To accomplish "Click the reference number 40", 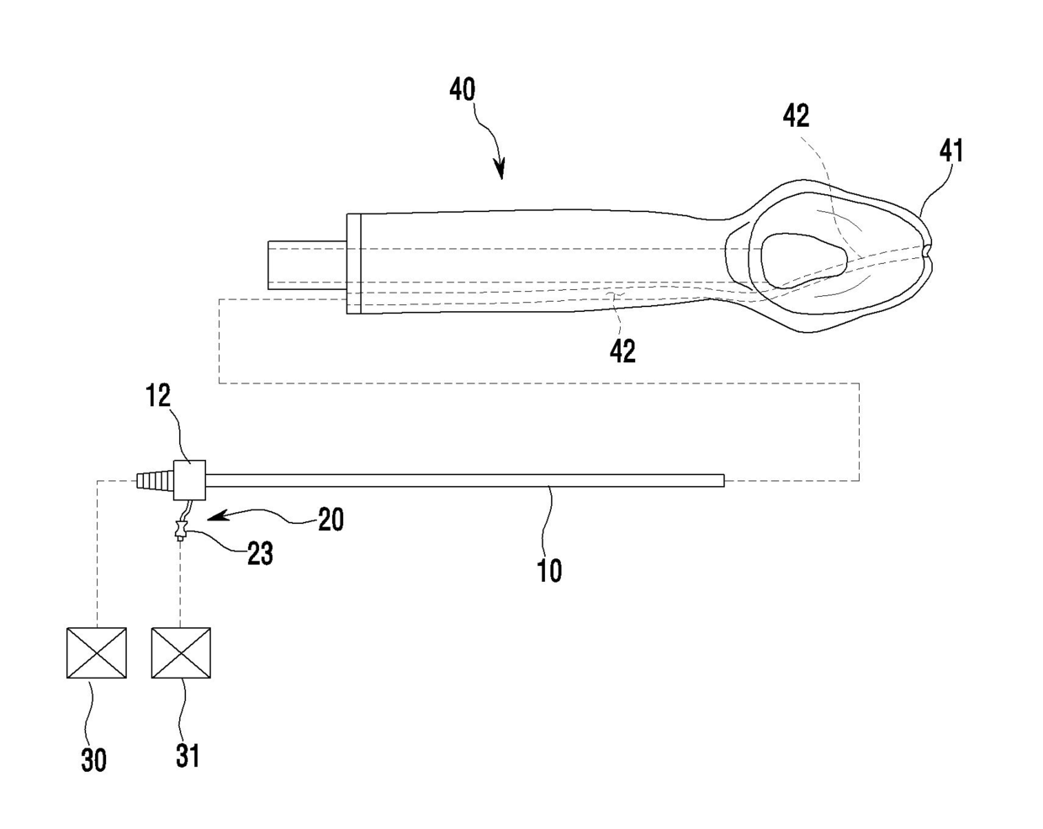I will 463,90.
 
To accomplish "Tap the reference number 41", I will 950,151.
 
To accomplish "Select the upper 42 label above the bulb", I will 796,115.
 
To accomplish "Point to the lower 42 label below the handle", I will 622,351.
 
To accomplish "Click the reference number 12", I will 158,396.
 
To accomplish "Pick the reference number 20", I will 331,520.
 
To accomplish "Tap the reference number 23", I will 260,553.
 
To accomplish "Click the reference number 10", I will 549,571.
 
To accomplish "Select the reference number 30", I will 93,760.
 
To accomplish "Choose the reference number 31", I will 188,754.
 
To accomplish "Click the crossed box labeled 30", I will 97,652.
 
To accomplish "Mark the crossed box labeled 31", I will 181,652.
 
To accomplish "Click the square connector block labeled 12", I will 189,480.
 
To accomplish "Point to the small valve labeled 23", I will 180,531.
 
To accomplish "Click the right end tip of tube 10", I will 721,480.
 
